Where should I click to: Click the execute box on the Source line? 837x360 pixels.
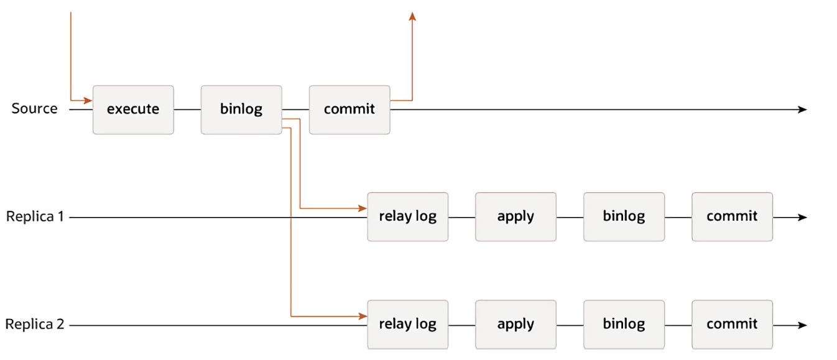133,109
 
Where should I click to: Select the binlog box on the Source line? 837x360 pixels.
241,109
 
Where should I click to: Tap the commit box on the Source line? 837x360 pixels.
349,109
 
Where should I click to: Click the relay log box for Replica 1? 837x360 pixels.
407,217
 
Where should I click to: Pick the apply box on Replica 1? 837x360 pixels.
516,217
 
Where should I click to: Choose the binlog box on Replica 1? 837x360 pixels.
624,217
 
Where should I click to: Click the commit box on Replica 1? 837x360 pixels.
732,217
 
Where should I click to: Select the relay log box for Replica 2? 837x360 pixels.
407,325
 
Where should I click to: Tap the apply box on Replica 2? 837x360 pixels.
516,325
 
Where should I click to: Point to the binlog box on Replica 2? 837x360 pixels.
624,325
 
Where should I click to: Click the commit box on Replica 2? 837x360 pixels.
732,325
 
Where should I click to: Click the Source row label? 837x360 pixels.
34,109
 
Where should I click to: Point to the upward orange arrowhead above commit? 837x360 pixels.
412,16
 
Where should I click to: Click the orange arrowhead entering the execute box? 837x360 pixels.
88,100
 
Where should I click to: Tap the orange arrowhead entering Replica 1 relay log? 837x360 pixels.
363,208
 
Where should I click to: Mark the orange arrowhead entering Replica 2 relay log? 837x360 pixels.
363,316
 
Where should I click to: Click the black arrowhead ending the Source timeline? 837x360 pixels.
803,109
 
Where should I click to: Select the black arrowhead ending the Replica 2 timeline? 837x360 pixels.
803,325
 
